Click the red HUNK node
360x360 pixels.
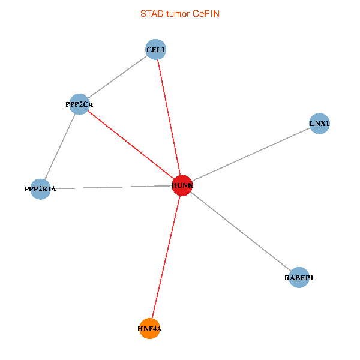(x=182, y=185)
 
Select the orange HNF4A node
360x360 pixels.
(x=149, y=328)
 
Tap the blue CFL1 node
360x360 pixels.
(x=156, y=49)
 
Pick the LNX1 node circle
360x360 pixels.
(x=319, y=124)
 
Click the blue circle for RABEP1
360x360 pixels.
(x=299, y=278)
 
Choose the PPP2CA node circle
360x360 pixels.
(x=79, y=104)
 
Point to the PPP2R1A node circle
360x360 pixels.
(x=40, y=189)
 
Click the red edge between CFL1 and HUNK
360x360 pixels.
(x=169, y=116)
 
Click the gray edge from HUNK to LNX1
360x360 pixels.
(x=251, y=155)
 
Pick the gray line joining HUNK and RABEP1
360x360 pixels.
(x=240, y=232)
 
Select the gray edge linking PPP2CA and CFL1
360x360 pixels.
(x=118, y=77)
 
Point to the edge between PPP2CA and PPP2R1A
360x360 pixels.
(x=59, y=146)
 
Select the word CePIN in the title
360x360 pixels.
(x=206, y=13)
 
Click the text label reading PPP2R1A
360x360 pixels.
(x=40, y=190)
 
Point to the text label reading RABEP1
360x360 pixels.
(x=299, y=278)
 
